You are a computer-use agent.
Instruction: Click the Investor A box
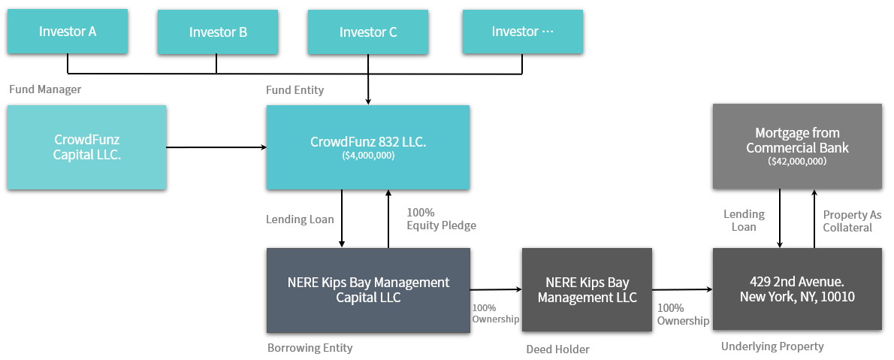pyautogui.click(x=68, y=32)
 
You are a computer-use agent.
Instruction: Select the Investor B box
pyautogui.click(x=218, y=32)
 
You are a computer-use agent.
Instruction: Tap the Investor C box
pyautogui.click(x=368, y=32)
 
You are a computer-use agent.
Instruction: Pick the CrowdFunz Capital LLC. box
pyautogui.click(x=86, y=147)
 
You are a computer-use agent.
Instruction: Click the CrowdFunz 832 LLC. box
pyautogui.click(x=368, y=147)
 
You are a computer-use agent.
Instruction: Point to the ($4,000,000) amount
pyautogui.click(x=368, y=155)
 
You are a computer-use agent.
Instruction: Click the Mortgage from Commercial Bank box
pyautogui.click(x=797, y=146)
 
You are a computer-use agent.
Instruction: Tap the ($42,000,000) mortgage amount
pyautogui.click(x=798, y=162)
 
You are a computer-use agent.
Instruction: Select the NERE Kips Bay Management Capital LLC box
pyautogui.click(x=368, y=290)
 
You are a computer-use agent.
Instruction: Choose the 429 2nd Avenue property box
pyautogui.click(x=797, y=289)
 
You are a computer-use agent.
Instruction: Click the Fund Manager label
pyautogui.click(x=45, y=89)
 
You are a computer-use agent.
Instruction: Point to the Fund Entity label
pyautogui.click(x=294, y=90)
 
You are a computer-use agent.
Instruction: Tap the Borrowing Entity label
pyautogui.click(x=310, y=347)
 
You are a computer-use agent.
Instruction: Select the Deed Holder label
pyautogui.click(x=557, y=349)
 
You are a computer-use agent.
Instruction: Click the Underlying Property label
pyautogui.click(x=772, y=346)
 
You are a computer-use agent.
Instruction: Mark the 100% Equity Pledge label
pyautogui.click(x=441, y=219)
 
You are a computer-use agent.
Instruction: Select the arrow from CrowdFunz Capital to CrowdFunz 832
pyautogui.click(x=216, y=147)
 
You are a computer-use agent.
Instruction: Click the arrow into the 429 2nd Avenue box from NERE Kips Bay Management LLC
pyautogui.click(x=682, y=289)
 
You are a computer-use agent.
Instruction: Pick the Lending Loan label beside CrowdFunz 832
pyautogui.click(x=300, y=219)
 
